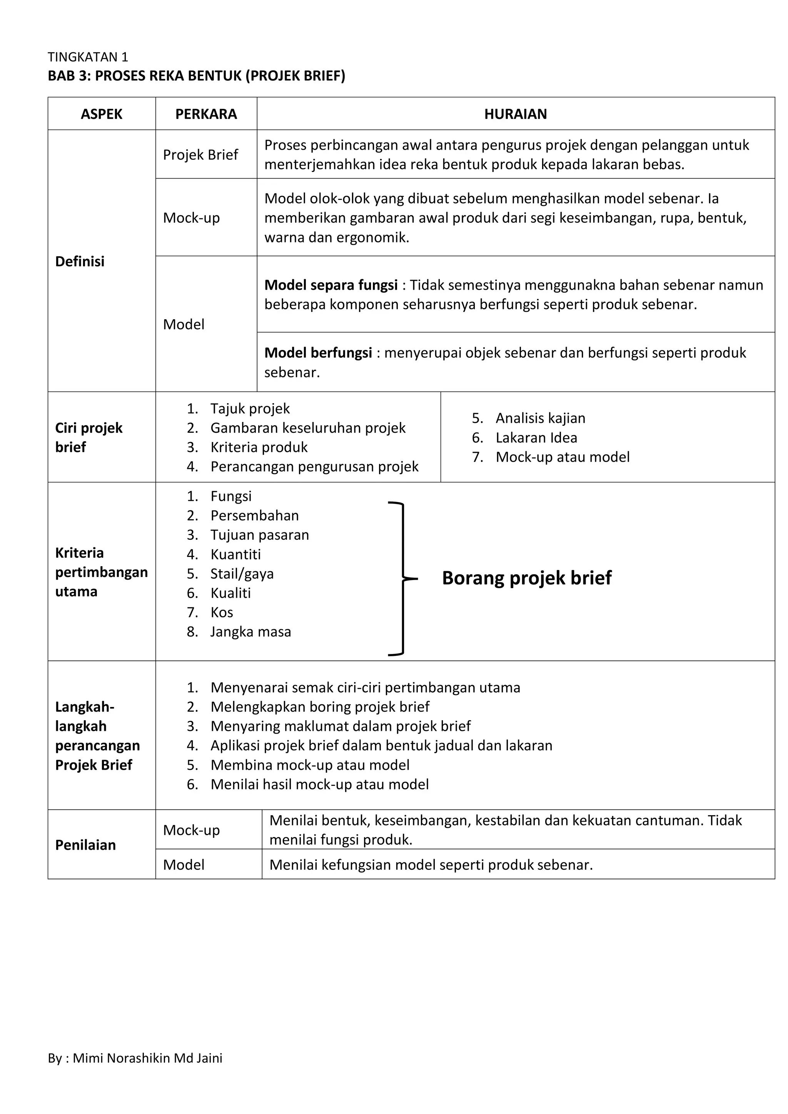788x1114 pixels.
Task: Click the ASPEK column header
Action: (102, 114)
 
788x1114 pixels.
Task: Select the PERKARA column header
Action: (206, 114)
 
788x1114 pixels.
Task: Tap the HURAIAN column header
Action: (515, 114)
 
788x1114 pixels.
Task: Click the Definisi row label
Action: (80, 262)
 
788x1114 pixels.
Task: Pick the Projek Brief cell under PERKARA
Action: (200, 155)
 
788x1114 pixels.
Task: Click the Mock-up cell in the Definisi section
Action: (191, 218)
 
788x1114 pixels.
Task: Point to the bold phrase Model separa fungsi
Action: (331, 285)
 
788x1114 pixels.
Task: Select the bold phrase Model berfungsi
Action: (318, 353)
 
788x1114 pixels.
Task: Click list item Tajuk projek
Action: (249, 409)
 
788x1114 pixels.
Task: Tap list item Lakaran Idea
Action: (536, 438)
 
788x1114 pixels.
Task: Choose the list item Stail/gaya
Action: (242, 574)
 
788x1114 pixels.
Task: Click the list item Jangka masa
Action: (250, 632)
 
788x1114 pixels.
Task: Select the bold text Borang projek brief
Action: (526, 578)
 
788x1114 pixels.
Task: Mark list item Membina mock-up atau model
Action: (310, 765)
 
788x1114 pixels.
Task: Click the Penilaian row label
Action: (85, 845)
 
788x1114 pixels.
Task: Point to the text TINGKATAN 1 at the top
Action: (88, 57)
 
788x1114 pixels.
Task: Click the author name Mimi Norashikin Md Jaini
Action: (147, 1058)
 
